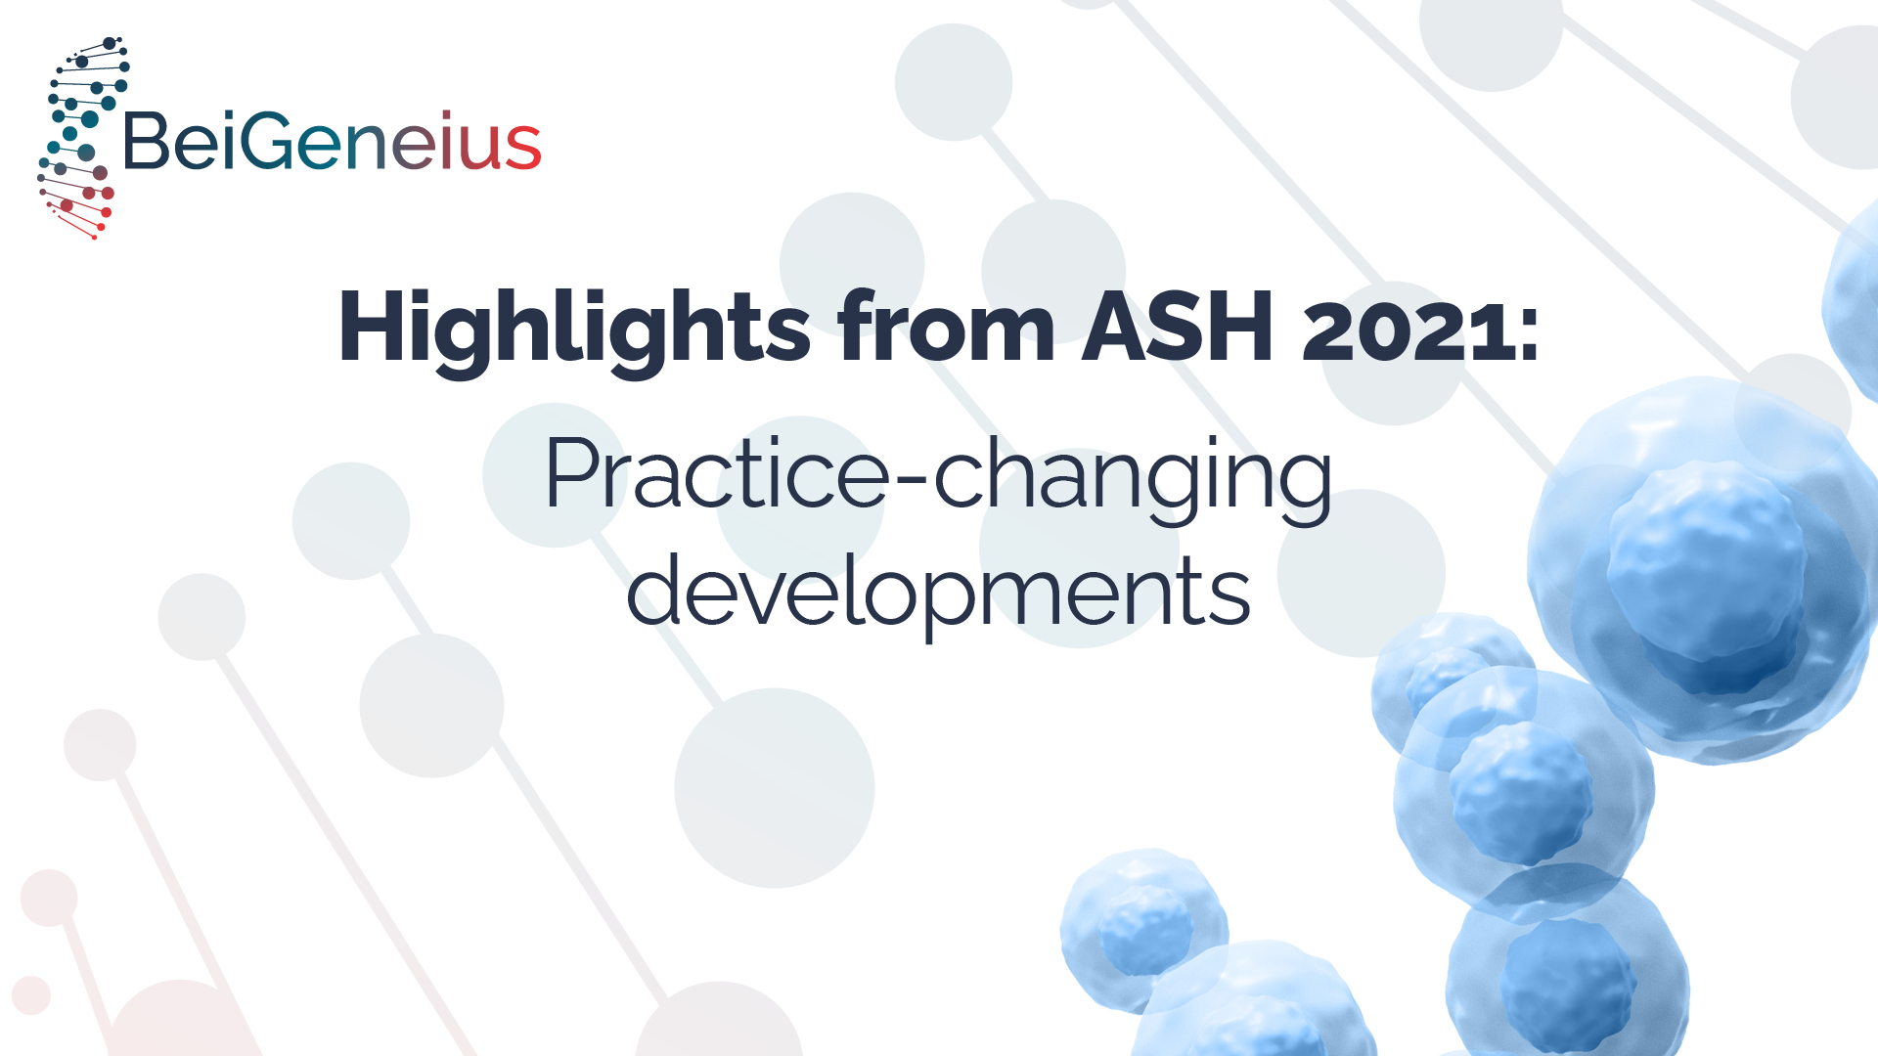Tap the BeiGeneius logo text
pos(333,141)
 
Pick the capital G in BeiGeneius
pos(265,141)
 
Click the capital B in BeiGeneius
pos(147,141)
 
